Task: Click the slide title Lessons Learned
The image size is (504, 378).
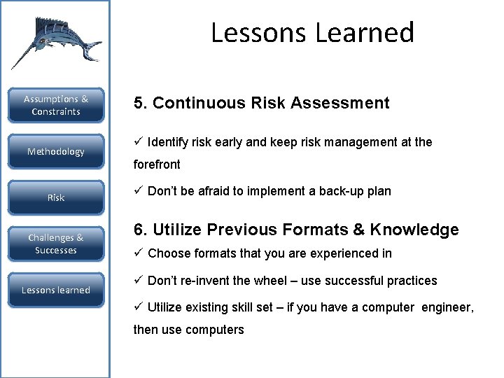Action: tap(312, 33)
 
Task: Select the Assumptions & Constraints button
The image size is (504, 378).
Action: tap(56, 106)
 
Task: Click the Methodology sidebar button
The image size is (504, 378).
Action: tap(56, 152)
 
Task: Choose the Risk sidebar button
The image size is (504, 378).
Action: tap(56, 198)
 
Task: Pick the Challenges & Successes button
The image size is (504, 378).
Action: tap(56, 244)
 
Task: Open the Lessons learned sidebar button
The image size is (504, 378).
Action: tap(56, 290)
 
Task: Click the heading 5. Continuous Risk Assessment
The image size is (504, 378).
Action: tap(261, 104)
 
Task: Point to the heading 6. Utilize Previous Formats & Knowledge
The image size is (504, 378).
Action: tap(296, 230)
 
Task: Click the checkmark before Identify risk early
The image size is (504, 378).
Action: tap(138, 142)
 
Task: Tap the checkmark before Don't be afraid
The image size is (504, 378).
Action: tap(138, 191)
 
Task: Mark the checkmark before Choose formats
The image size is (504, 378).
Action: tap(138, 253)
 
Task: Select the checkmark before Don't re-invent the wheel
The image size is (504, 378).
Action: tap(138, 281)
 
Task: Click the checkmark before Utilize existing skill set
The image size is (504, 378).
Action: tap(138, 307)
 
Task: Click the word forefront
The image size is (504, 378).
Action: tap(157, 165)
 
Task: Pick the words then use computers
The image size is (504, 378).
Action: tap(189, 330)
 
